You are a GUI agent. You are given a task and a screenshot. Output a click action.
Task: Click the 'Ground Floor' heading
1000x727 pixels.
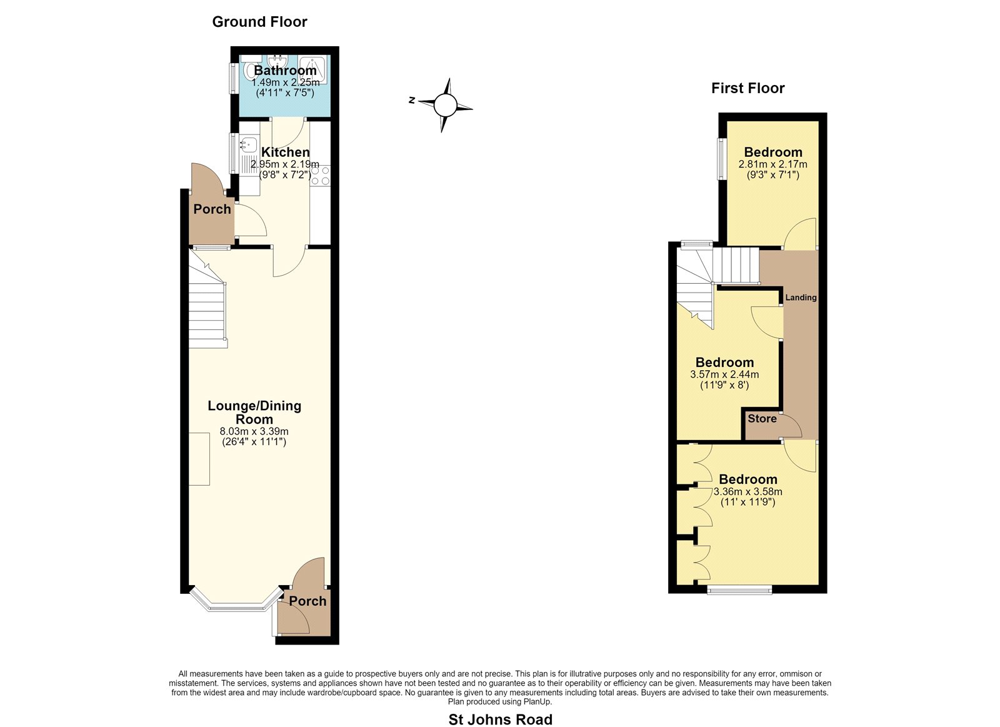[x=259, y=22]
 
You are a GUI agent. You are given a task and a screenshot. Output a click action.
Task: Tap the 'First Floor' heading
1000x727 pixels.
[x=747, y=88]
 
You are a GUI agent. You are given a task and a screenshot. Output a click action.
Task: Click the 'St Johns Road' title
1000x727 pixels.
[x=501, y=719]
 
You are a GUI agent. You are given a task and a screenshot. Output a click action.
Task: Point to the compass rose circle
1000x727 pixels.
[x=445, y=106]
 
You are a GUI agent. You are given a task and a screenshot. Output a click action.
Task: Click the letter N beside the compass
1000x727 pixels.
[x=412, y=101]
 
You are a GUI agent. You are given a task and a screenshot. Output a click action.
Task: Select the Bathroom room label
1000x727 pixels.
[x=285, y=71]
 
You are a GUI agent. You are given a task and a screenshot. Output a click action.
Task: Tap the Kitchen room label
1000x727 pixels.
[x=285, y=152]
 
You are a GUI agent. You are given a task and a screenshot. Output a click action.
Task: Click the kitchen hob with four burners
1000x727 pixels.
[x=321, y=176]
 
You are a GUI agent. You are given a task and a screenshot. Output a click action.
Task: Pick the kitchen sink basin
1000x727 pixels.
[x=247, y=144]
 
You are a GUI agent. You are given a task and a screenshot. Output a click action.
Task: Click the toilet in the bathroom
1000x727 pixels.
[x=251, y=69]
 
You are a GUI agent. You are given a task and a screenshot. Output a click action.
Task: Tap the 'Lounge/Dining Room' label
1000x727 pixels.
[x=254, y=412]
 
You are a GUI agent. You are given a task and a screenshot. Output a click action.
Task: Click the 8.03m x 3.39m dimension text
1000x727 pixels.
[x=254, y=432]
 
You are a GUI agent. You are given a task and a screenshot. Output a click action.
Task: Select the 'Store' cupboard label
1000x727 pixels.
[x=762, y=418]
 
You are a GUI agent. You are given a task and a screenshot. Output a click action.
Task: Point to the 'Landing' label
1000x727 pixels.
[x=801, y=298]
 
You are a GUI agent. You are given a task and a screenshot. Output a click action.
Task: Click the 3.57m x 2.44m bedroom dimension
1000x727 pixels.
[x=724, y=374]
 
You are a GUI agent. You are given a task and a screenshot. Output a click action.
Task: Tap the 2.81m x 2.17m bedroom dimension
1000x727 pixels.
[x=772, y=164]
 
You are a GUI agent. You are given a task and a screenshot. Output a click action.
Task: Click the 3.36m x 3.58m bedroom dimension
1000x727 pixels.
[x=747, y=492]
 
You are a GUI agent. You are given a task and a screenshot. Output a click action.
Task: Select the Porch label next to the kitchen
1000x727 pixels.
[x=212, y=209]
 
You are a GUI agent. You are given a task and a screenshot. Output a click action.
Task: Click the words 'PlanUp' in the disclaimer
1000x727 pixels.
[x=539, y=701]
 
